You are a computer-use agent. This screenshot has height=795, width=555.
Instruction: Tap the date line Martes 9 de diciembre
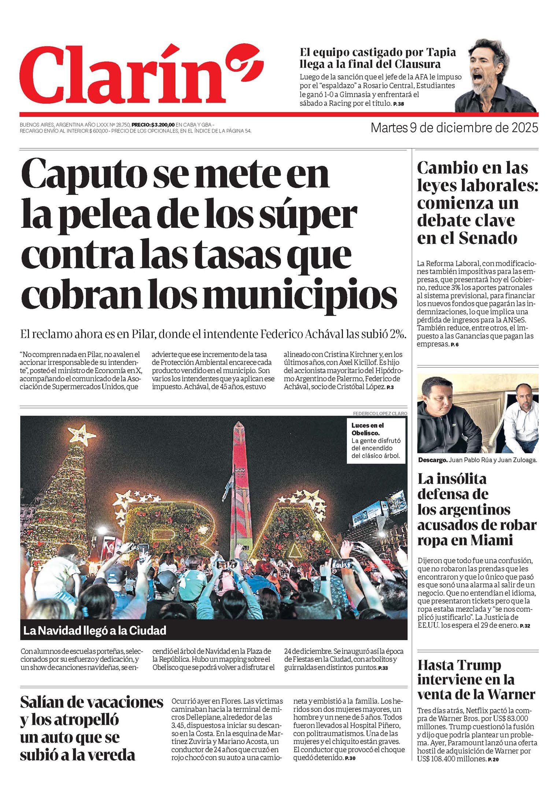(x=454, y=128)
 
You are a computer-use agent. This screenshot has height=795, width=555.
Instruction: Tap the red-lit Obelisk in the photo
(x=240, y=487)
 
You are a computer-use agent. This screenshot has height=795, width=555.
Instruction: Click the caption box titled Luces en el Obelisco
(x=376, y=440)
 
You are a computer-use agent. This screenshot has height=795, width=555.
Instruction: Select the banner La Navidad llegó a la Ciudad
(x=95, y=630)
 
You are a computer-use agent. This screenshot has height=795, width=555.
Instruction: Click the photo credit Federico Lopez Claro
(x=380, y=413)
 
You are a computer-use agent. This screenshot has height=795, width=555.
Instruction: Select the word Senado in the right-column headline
(x=487, y=238)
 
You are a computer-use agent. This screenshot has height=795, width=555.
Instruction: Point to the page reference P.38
(x=399, y=104)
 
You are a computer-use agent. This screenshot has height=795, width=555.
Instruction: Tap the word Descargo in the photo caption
(x=432, y=460)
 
